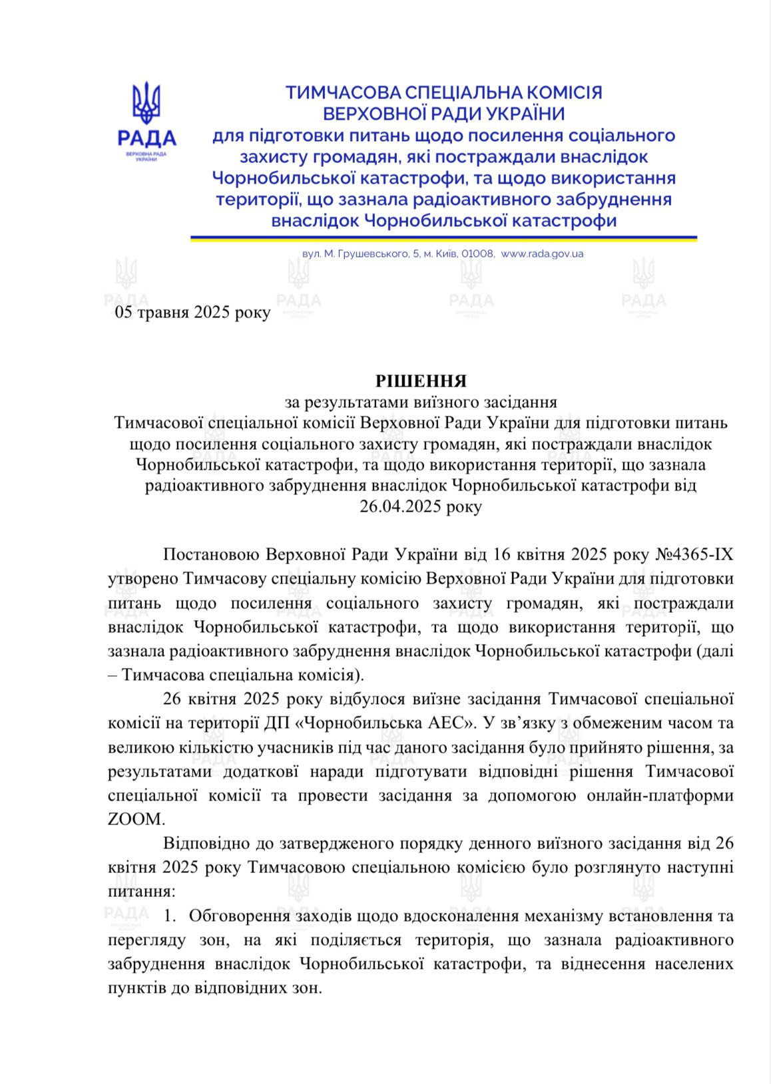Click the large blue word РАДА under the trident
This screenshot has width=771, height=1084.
pyautogui.click(x=146, y=138)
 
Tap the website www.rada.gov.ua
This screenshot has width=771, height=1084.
pyautogui.click(x=542, y=254)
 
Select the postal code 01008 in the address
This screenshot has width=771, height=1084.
pyautogui.click(x=477, y=254)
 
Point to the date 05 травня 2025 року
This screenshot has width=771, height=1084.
pyautogui.click(x=192, y=312)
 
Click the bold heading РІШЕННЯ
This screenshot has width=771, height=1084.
pyautogui.click(x=421, y=381)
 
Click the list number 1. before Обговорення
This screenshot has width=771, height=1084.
pyautogui.click(x=170, y=916)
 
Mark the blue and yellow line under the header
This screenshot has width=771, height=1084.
pyautogui.click(x=443, y=238)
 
